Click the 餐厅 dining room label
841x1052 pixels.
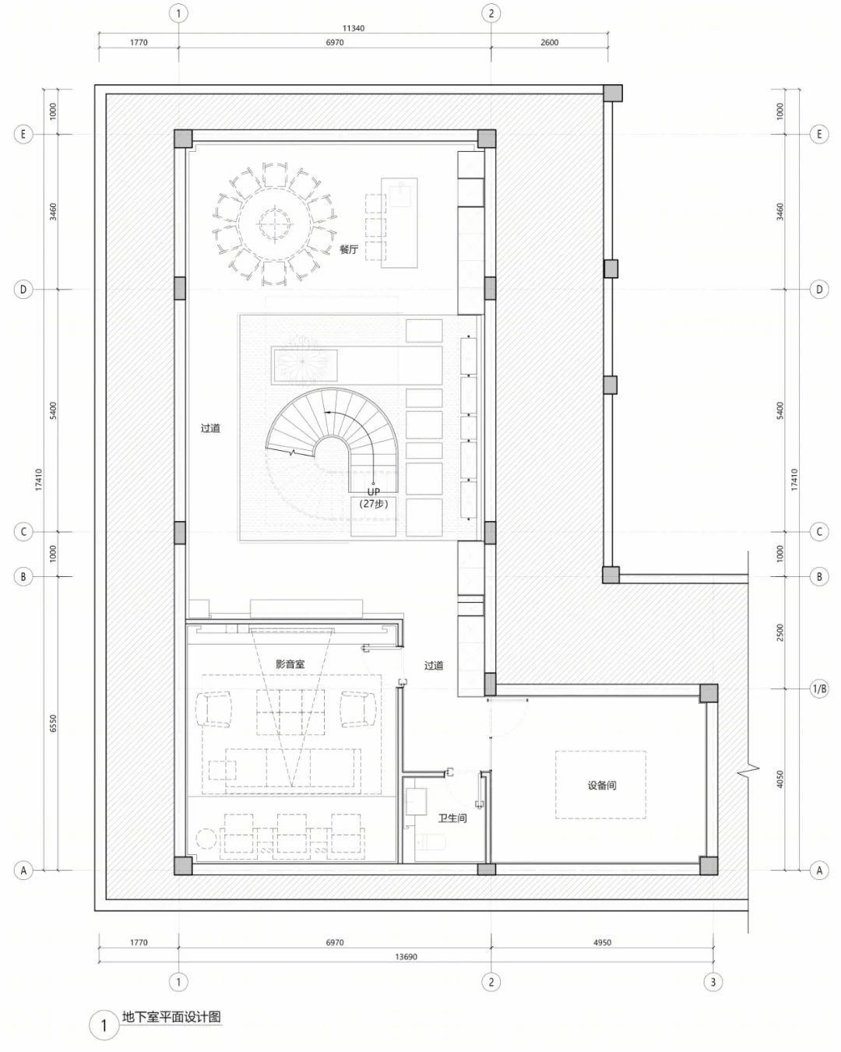[349, 249]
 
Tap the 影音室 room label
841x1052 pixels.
[290, 664]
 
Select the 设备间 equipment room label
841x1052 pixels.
[601, 785]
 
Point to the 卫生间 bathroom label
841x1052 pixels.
[452, 818]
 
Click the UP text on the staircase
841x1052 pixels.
[374, 492]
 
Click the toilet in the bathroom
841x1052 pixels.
[431, 842]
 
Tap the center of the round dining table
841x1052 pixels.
[274, 224]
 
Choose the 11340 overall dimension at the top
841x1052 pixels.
[353, 28]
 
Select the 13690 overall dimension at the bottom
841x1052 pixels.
[406, 957]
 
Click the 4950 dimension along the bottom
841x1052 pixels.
[602, 942]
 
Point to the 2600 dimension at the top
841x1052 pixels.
[549, 43]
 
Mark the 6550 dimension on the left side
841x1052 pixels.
[53, 723]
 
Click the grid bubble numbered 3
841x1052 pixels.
[713, 981]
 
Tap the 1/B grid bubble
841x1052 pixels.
[819, 689]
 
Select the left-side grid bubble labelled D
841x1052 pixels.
[23, 290]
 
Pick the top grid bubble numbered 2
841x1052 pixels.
[491, 14]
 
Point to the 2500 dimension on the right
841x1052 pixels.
[780, 632]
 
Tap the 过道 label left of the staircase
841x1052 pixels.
[210, 428]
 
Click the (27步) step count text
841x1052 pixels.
[374, 504]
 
